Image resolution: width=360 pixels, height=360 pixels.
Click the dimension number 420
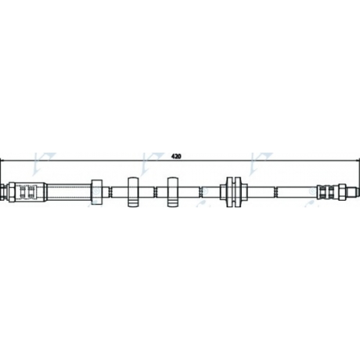176,156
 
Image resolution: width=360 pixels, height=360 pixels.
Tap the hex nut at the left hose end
12,192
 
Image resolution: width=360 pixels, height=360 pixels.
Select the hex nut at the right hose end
342,192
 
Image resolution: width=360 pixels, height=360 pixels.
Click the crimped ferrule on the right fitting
328,192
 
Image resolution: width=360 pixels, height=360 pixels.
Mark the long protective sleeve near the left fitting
69,192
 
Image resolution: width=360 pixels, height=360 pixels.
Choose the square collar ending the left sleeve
96,192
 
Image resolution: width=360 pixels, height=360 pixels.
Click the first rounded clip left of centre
133,192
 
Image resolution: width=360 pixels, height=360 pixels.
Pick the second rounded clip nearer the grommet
173,192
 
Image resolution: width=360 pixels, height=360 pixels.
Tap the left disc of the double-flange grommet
229,192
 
